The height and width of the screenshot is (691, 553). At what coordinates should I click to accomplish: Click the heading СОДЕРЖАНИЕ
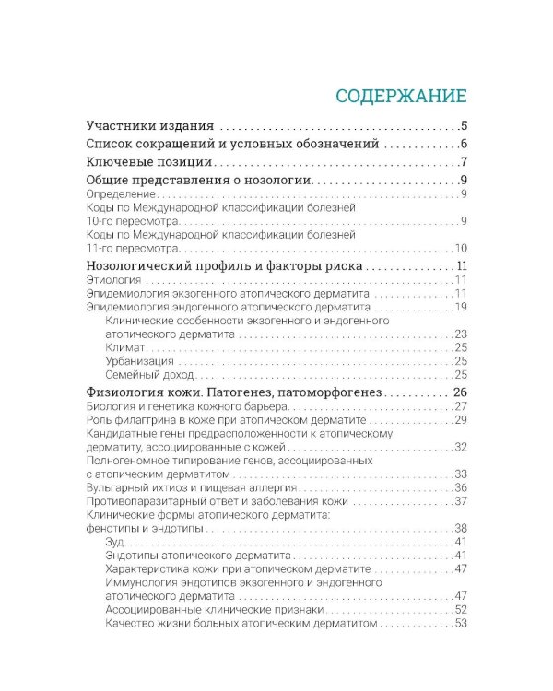401,96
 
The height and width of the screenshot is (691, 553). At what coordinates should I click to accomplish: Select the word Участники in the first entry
121,125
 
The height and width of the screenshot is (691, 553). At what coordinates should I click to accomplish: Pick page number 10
462,249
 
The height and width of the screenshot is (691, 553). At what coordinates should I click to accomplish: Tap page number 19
462,306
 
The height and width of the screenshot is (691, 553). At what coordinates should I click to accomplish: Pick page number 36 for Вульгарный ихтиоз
462,487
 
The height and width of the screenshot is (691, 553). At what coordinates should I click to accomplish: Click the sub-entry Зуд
116,542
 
